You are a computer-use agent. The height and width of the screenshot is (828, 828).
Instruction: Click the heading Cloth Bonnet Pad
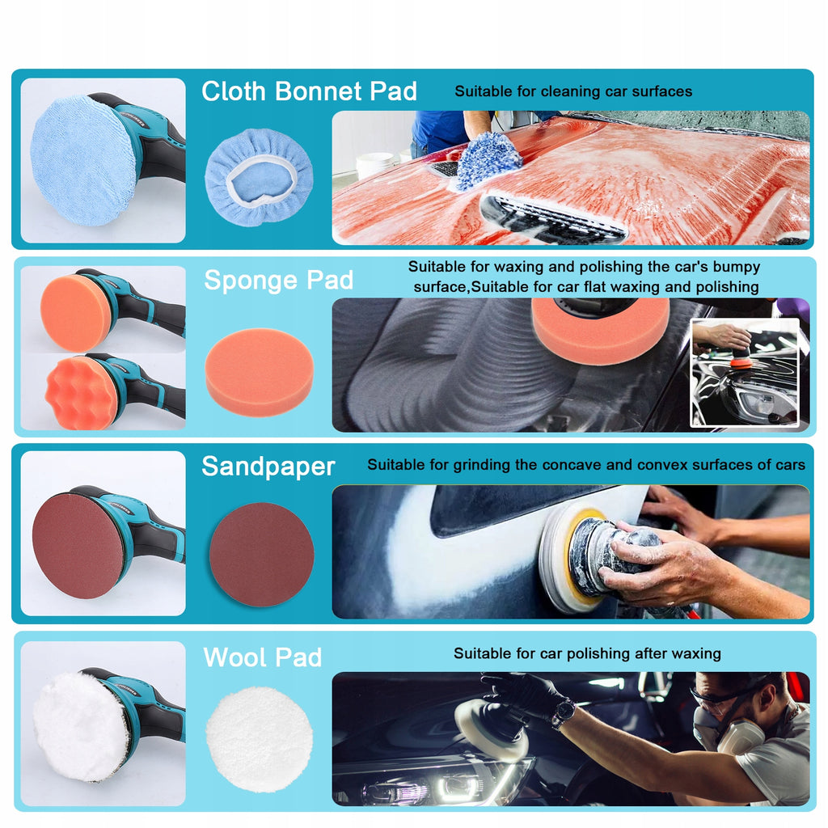point(309,91)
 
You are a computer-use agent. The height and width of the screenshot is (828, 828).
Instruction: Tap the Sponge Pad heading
point(278,281)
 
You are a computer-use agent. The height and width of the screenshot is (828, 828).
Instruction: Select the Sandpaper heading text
point(268,467)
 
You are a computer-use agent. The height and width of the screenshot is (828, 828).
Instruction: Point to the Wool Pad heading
point(263,657)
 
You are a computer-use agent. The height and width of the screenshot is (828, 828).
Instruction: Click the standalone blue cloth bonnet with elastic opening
point(259,177)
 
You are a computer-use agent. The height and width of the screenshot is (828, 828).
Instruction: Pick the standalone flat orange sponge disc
point(260,372)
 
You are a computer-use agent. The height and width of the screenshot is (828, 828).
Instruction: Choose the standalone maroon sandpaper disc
point(262,554)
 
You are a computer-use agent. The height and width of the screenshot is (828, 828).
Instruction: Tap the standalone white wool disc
point(259,739)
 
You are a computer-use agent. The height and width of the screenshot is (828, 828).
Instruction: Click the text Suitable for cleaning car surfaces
point(573,91)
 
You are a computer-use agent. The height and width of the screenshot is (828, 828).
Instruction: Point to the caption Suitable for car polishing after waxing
point(587,653)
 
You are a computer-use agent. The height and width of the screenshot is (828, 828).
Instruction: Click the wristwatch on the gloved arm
point(564,712)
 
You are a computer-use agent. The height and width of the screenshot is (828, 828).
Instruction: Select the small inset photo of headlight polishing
point(745,373)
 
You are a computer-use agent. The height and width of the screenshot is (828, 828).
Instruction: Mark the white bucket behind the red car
point(375,165)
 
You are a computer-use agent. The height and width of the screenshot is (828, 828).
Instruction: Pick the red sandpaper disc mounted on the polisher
point(78,546)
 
